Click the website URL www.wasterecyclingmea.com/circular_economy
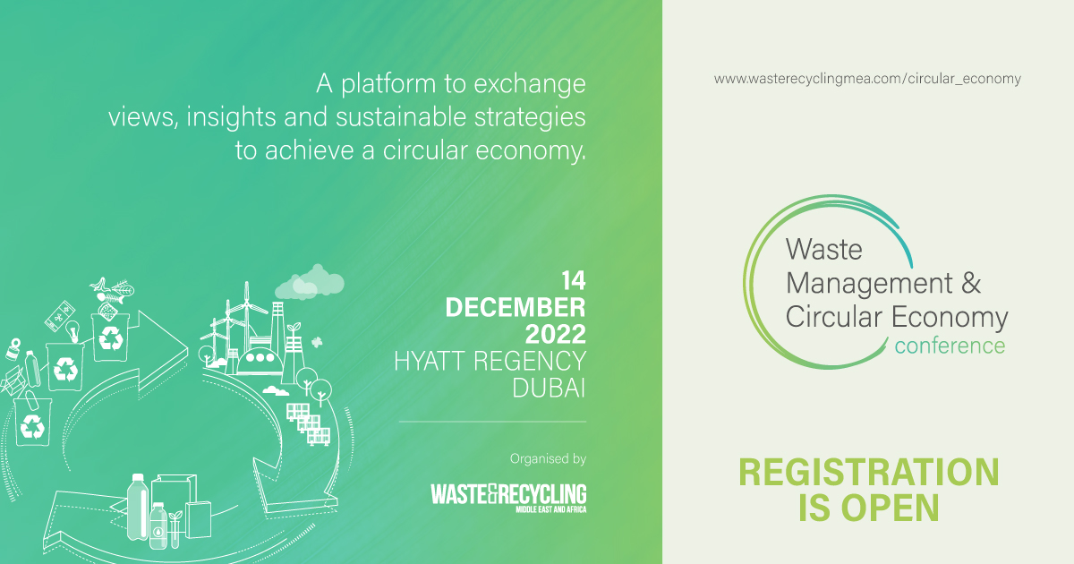point(866,79)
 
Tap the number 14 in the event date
point(572,280)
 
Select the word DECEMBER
point(516,308)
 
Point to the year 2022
point(555,335)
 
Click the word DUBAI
point(549,388)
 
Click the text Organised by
point(548,459)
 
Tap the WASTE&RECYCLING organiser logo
point(507,496)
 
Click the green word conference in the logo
point(949,345)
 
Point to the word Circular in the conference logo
point(833,316)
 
